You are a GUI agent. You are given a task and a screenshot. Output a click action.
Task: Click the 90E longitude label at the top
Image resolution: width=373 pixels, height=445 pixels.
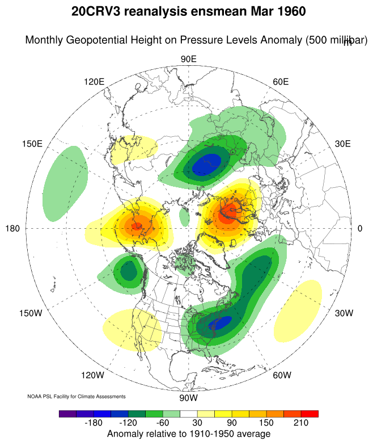click(188, 60)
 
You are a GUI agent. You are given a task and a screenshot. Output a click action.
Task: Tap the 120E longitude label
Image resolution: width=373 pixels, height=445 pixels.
click(94, 82)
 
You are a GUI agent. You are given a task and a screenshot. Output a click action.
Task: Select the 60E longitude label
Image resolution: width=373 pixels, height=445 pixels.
click(281, 82)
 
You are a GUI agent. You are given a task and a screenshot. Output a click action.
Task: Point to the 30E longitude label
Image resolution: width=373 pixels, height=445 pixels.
click(343, 144)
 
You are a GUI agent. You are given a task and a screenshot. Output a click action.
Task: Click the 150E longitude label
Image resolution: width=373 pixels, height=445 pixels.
click(32, 144)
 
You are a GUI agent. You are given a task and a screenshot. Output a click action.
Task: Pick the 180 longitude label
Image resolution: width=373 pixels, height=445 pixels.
click(13, 228)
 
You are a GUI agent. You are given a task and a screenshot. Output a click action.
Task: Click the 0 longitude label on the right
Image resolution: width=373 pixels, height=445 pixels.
click(360, 228)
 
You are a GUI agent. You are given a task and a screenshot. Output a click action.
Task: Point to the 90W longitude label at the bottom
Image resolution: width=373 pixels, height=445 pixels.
click(188, 398)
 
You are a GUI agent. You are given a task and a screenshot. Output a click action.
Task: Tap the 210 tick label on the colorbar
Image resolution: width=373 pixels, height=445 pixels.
click(300, 423)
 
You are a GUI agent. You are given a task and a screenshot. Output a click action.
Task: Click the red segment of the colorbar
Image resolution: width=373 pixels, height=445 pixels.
click(310, 414)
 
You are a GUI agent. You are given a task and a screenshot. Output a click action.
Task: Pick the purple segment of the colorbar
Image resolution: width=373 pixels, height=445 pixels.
click(67, 414)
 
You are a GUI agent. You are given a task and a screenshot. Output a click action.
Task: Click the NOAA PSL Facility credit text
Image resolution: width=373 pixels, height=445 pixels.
click(77, 396)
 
